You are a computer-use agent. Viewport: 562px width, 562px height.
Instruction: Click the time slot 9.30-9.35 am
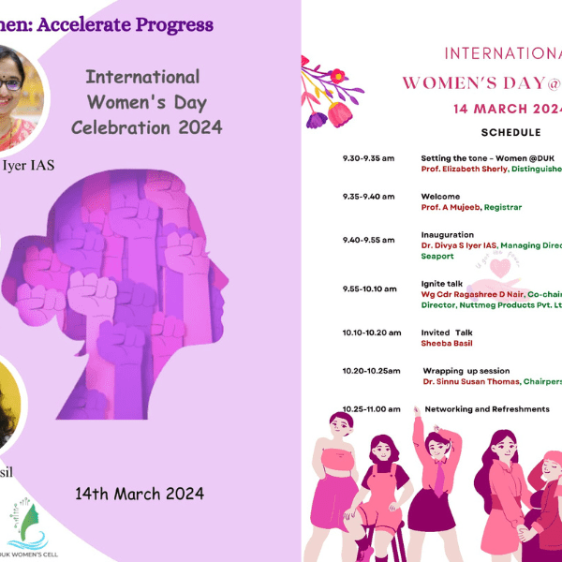coord(368,159)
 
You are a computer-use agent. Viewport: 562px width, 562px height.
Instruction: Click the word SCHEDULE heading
coord(510,133)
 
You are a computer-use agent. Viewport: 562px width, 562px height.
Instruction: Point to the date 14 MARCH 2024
coord(506,109)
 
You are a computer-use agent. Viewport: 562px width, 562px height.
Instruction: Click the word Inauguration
coord(448,234)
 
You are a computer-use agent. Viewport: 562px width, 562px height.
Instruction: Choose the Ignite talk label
coord(443,283)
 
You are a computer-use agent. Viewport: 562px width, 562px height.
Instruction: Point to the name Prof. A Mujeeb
coord(451,207)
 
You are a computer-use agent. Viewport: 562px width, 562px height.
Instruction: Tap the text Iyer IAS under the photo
coord(30,166)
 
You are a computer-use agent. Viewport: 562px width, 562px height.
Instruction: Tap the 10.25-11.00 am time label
coord(371,409)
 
